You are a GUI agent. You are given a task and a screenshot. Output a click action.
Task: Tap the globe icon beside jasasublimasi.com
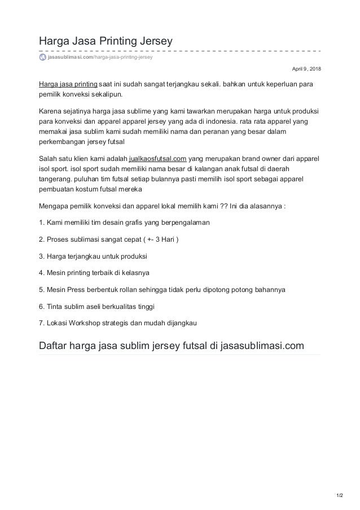point(42,58)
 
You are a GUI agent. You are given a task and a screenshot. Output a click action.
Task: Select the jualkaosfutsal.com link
point(158,159)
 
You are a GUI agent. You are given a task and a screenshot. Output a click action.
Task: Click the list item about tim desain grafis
point(124,222)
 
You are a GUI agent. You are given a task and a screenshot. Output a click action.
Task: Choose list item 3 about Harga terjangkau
point(93,256)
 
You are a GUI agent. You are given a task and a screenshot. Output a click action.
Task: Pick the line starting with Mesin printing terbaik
point(93,273)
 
